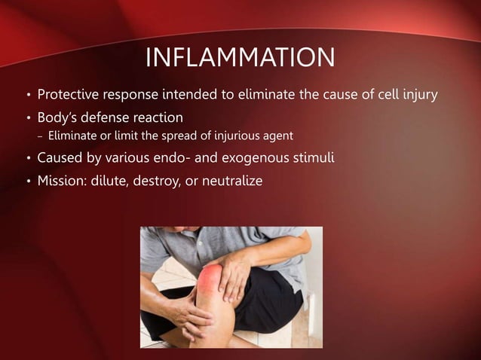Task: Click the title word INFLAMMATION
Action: click(x=240, y=57)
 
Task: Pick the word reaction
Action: click(x=161, y=118)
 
